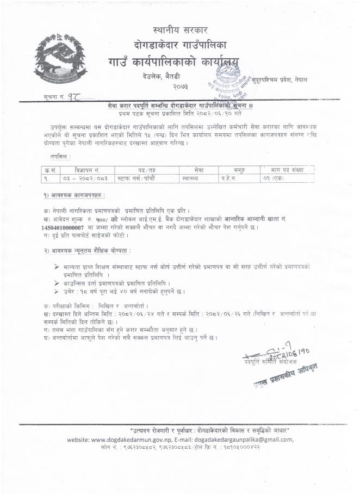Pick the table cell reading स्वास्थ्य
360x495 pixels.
191,178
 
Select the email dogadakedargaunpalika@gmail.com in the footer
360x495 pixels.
243,440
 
